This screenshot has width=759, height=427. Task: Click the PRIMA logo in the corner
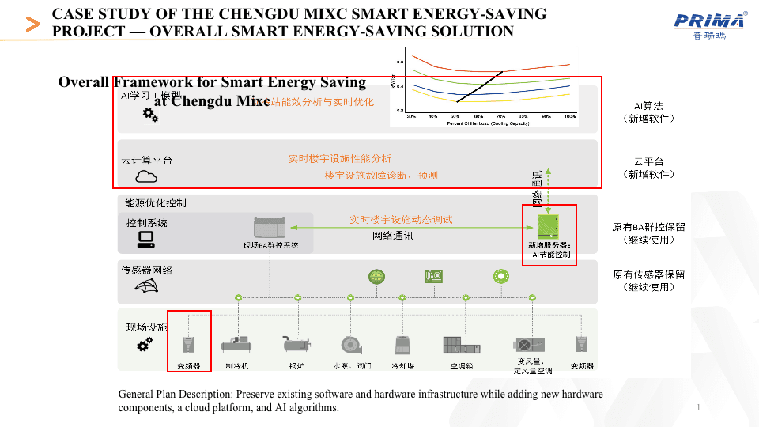(709, 24)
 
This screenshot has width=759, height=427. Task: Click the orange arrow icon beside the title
(33, 24)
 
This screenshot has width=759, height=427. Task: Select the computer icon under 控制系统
(146, 239)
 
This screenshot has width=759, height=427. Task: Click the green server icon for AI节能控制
(549, 226)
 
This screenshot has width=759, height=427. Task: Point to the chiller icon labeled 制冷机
(236, 344)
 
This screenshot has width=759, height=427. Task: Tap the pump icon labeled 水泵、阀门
(351, 345)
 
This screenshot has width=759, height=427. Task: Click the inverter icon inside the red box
(188, 344)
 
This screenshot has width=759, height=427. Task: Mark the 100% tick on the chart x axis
(569, 116)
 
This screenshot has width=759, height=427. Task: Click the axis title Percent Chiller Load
(487, 123)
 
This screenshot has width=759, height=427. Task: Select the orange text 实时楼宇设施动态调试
(401, 220)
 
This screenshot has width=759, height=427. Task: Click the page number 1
(700, 407)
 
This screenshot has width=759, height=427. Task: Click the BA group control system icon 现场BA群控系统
(270, 228)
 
